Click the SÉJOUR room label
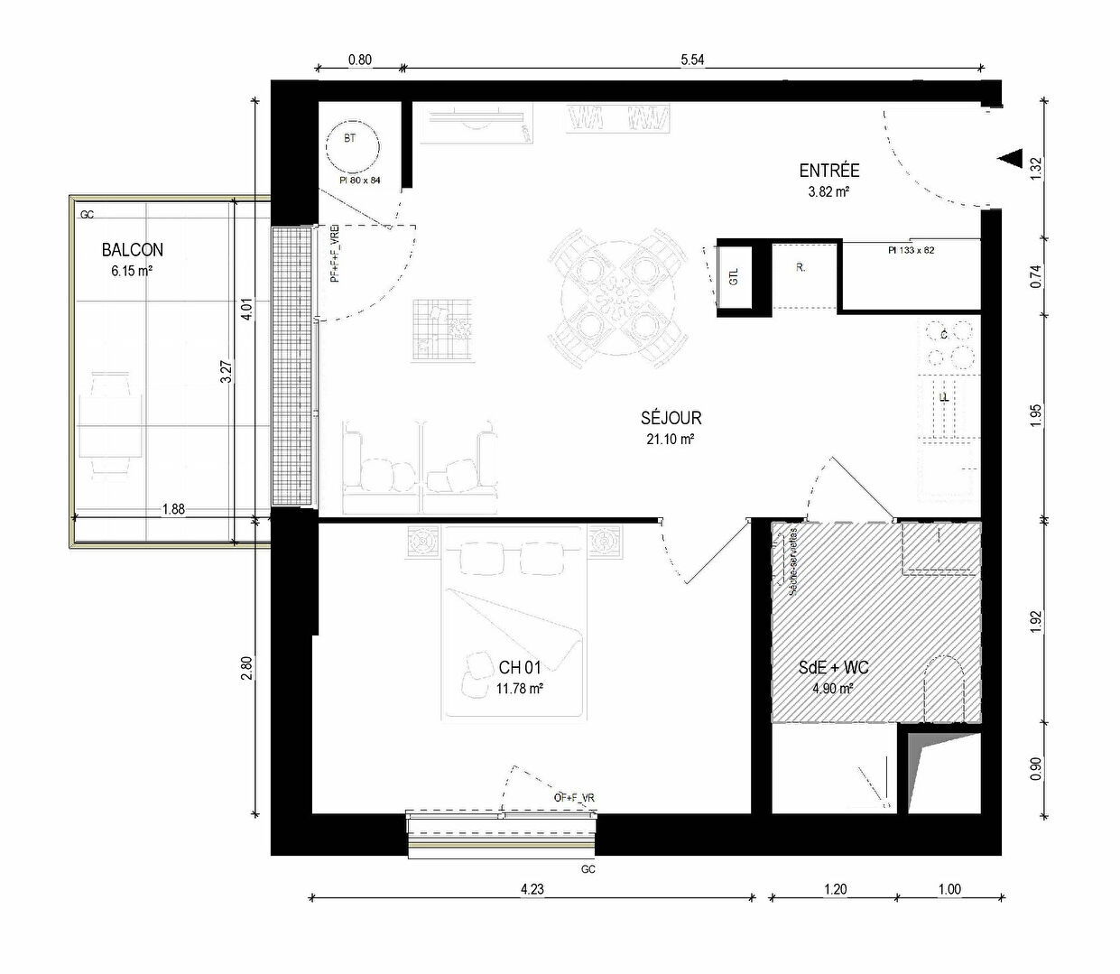click(x=671, y=418)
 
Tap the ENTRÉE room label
click(x=829, y=171)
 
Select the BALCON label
click(x=133, y=250)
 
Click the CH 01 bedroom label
click(x=520, y=668)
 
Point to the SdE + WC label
click(x=833, y=668)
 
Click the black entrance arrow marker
click(x=1008, y=158)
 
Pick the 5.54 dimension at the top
click(x=692, y=60)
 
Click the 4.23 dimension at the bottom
click(x=532, y=889)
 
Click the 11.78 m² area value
click(x=519, y=689)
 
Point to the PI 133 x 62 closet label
click(x=911, y=250)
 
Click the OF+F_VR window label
click(x=574, y=798)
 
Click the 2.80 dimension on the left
click(x=246, y=668)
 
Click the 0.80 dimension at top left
click(x=359, y=60)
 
